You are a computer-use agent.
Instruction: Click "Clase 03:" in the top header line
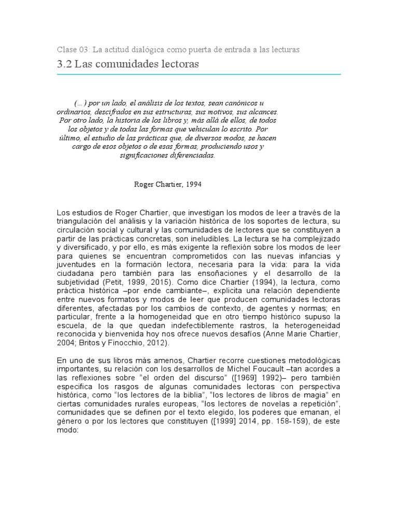pyautogui.click(x=73, y=49)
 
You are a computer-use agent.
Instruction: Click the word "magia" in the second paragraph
pyautogui.click(x=312, y=396)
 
